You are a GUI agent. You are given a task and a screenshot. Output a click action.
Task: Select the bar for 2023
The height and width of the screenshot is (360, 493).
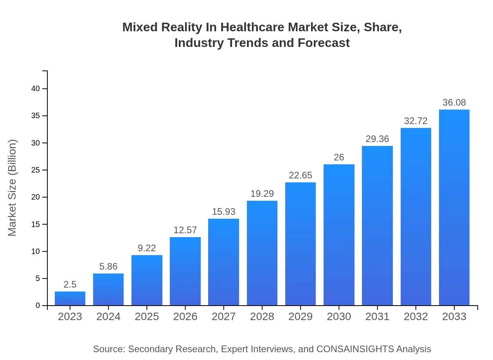pos(70,298)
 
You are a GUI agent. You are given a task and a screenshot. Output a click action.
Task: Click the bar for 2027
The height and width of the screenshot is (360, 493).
pos(223,262)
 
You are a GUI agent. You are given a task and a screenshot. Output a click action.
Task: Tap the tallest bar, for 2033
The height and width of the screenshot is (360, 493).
pos(454,207)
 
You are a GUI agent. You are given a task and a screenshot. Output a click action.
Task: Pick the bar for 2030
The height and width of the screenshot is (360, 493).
pos(339,235)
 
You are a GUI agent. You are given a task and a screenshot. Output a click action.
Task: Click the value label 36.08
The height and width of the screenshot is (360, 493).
pos(454,103)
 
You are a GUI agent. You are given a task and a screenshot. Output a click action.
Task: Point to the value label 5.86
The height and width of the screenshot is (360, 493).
pos(108,266)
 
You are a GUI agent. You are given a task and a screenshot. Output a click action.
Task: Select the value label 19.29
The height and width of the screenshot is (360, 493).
pos(262,194)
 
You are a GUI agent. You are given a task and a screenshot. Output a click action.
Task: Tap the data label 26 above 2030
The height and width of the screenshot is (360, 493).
pos(339,157)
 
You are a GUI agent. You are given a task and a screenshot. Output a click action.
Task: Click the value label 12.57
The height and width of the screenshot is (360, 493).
pos(185,230)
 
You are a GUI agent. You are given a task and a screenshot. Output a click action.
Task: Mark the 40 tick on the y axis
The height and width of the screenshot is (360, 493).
pos(36,89)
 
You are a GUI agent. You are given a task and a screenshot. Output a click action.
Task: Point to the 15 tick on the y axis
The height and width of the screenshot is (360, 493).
pos(36,224)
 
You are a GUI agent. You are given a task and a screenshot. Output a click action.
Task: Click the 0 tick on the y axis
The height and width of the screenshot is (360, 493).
pos(38,306)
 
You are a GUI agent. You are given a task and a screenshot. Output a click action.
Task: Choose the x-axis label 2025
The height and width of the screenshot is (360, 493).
pos(147,317)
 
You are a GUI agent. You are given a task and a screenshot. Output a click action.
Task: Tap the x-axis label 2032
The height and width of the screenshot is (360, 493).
pos(416,317)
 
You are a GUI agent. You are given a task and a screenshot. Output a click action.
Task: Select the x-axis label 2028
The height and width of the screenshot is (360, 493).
pos(262,317)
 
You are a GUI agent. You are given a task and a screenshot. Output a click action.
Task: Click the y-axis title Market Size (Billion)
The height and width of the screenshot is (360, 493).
pos(12,188)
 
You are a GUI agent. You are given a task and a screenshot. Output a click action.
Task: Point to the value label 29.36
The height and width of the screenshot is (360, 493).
pos(377,139)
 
